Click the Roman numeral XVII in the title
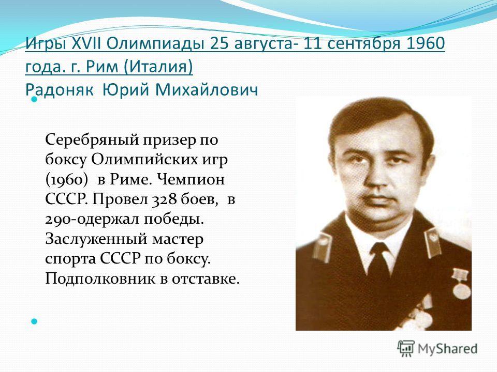tap(85, 43)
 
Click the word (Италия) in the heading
tap(158, 67)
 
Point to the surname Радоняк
tap(59, 90)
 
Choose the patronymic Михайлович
tap(207, 90)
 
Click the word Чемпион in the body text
tap(191, 180)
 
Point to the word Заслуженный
tap(96, 239)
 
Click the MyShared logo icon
tap(406, 349)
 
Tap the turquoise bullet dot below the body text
tap(34, 322)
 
